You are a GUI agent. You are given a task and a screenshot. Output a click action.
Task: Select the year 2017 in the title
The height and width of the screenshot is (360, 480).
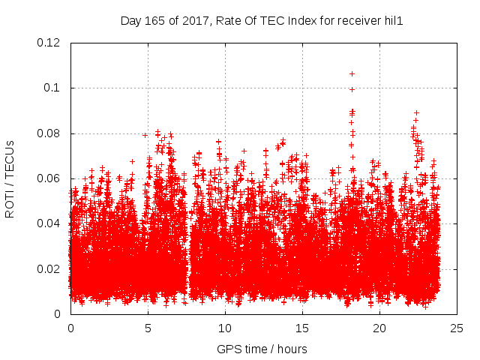click(193, 21)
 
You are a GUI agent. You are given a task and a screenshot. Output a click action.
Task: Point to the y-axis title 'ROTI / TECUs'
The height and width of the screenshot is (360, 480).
click(10, 179)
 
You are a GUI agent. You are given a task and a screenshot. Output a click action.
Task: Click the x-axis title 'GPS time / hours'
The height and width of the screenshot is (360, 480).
click(262, 349)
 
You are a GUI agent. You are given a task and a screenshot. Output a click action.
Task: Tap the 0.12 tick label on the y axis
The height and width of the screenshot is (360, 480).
click(49, 43)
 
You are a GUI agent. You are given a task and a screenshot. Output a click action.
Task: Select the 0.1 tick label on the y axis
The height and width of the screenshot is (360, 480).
click(52, 88)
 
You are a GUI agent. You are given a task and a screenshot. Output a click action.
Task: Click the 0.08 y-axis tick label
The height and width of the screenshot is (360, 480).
click(49, 133)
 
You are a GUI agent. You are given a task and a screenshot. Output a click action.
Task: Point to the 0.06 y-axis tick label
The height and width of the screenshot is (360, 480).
click(49, 178)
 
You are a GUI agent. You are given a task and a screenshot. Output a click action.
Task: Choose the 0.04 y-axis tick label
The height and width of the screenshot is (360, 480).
click(49, 223)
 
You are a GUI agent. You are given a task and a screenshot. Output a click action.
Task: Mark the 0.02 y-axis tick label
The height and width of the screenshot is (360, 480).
click(49, 269)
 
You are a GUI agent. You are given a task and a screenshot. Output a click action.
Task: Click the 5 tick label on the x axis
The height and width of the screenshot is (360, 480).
click(148, 328)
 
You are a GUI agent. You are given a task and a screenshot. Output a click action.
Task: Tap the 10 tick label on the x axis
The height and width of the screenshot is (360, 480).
click(225, 328)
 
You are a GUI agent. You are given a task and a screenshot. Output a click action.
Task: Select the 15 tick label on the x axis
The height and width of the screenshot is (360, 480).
click(303, 328)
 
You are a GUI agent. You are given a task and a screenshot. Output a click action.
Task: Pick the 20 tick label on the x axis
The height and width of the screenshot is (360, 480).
click(380, 328)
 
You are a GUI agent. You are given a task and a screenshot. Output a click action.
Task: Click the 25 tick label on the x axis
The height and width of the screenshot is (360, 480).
click(457, 328)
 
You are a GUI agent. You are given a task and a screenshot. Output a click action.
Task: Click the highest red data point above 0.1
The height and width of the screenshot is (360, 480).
click(352, 73)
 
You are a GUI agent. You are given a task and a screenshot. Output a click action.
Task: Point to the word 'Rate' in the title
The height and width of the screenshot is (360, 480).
click(228, 21)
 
